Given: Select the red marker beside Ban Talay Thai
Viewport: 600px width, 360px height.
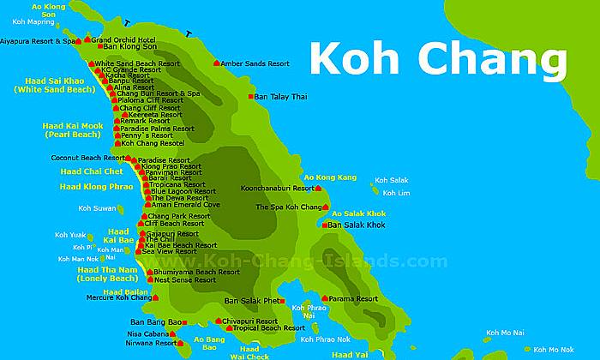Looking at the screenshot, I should coord(251,97).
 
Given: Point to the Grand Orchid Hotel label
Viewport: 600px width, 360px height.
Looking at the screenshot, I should coord(123,39).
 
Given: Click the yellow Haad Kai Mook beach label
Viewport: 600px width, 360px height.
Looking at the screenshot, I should coord(72,129).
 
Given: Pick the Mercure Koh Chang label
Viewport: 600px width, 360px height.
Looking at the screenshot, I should coord(120,297).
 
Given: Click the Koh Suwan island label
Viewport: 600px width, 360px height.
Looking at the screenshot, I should coord(96,207).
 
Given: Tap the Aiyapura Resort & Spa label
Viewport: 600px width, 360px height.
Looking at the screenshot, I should coord(38,40).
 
